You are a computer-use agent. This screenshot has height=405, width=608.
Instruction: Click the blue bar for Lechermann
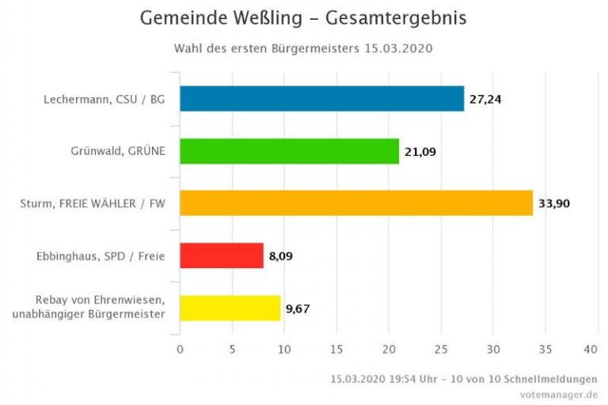[x=321, y=99]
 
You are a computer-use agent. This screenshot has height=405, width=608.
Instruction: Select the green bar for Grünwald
[x=289, y=151]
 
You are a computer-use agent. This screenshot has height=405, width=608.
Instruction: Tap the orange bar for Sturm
[x=356, y=203]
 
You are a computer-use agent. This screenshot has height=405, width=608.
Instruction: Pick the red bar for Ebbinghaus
[x=221, y=255]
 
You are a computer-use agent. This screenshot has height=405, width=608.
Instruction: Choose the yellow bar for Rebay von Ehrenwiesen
[x=230, y=308]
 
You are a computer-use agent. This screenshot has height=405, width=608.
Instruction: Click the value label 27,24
[x=485, y=100]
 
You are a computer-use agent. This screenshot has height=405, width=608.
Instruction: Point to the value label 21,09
[x=420, y=152]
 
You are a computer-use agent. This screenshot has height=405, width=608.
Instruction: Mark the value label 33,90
[x=554, y=204]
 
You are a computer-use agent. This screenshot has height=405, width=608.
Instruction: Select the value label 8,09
[x=281, y=256]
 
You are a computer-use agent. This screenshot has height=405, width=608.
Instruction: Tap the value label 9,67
[x=298, y=308]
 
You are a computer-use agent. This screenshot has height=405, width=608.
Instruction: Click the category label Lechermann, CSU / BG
[x=104, y=100]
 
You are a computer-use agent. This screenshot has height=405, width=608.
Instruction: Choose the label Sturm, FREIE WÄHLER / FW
[x=93, y=204]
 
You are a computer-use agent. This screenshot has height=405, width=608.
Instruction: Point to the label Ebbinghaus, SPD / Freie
[x=101, y=256]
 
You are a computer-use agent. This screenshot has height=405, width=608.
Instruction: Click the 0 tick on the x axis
[x=180, y=349]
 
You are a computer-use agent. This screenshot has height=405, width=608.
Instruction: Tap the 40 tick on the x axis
[x=591, y=349]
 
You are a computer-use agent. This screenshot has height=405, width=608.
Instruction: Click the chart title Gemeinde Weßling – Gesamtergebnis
[x=303, y=18]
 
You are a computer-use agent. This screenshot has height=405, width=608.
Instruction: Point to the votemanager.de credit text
[x=558, y=393]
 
